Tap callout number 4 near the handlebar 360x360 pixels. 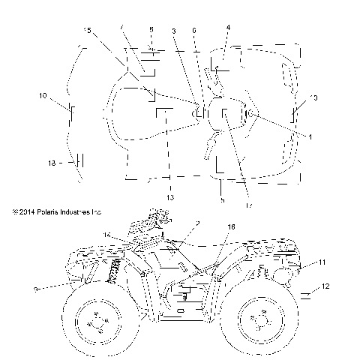tap(228, 27)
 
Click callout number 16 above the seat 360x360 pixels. tap(231, 226)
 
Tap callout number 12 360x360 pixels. tap(325, 286)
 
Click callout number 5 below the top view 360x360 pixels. tap(223, 199)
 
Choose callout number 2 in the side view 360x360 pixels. tap(197, 223)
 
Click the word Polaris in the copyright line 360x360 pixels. tap(43, 212)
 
